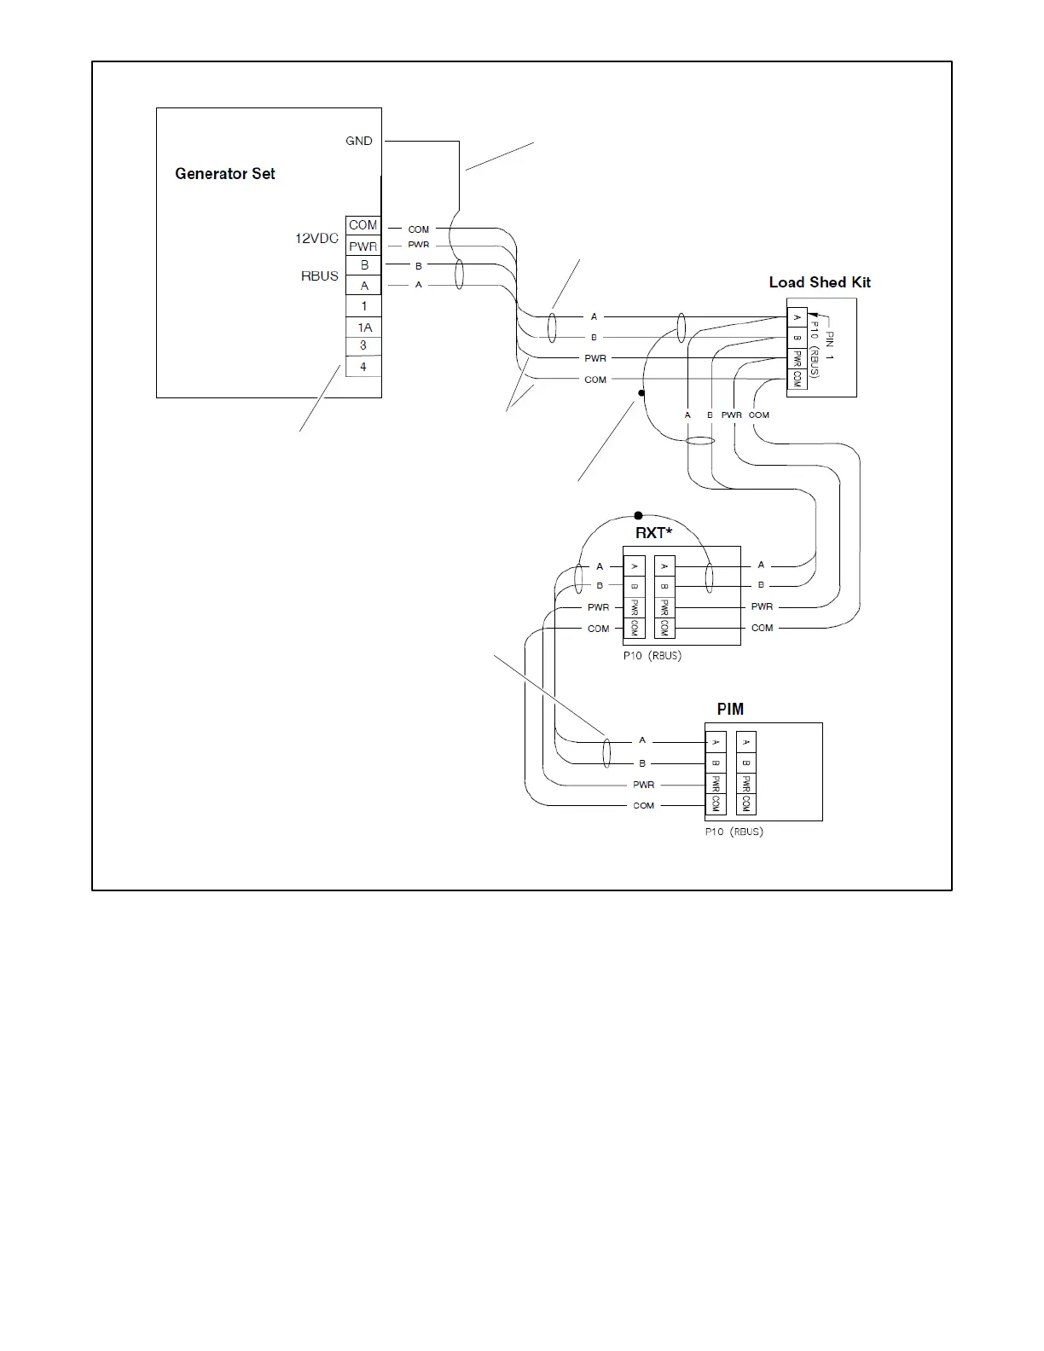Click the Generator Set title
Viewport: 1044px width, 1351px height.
[x=225, y=174]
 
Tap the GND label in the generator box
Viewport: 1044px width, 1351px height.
[x=359, y=141]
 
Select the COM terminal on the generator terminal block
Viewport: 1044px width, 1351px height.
[x=362, y=225]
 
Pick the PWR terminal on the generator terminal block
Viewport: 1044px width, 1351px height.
[x=362, y=246]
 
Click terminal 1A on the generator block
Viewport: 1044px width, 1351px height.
[x=364, y=328]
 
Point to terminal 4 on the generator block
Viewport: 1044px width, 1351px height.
[x=363, y=367]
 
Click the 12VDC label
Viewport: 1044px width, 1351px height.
[x=317, y=239]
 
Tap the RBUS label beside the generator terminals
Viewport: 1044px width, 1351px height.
[x=320, y=276]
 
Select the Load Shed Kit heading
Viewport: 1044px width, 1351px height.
[x=820, y=282]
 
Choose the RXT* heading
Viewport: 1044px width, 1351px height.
[x=654, y=533]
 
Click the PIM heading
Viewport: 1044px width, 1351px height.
[x=730, y=710]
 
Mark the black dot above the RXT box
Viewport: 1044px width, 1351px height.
[x=639, y=516]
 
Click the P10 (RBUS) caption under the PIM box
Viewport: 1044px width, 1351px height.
[x=734, y=832]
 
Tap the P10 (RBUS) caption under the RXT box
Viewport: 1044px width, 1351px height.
[x=652, y=656]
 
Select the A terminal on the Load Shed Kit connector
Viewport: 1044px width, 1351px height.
[x=797, y=318]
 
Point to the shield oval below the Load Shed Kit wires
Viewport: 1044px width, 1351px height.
[x=700, y=441]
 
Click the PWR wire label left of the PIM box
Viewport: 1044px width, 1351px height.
[x=644, y=785]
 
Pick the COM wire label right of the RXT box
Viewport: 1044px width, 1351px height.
[x=763, y=628]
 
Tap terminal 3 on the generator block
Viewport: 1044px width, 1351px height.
[x=363, y=345]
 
